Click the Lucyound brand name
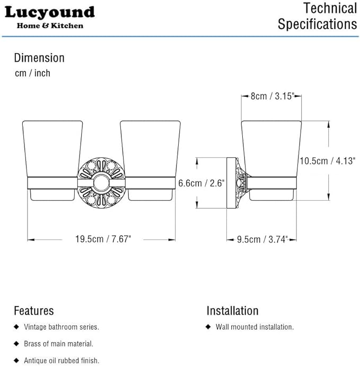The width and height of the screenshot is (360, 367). [50, 12]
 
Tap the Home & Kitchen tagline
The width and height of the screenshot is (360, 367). [50, 25]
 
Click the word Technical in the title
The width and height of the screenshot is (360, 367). [330, 8]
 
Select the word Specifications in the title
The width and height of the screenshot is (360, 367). [318, 24]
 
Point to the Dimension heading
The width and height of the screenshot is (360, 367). [39, 58]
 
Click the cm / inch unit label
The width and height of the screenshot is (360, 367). [32, 73]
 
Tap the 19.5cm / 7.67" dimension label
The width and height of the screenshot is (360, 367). [103, 239]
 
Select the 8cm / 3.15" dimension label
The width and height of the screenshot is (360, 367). [272, 96]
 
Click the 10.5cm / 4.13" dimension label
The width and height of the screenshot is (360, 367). [328, 161]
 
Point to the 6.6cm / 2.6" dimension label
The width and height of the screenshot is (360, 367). [201, 183]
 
